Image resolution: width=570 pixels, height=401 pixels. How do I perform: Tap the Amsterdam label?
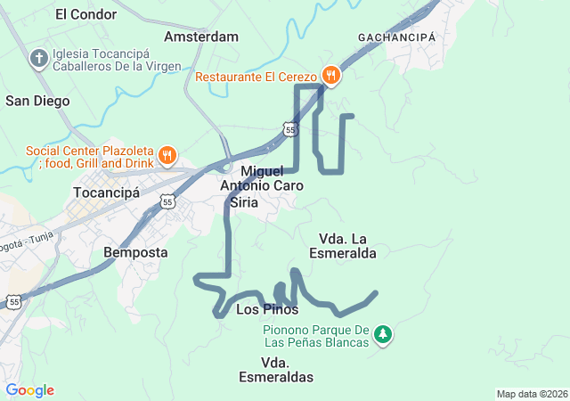pyautogui.click(x=201, y=37)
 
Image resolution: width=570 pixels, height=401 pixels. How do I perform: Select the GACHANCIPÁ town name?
pyautogui.click(x=396, y=37)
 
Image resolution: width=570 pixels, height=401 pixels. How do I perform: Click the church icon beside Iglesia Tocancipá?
pyautogui.click(x=38, y=60)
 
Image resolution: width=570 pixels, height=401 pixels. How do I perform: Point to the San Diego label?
pyautogui.click(x=37, y=101)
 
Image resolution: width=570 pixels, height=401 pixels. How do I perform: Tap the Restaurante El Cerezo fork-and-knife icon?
pyautogui.click(x=330, y=75)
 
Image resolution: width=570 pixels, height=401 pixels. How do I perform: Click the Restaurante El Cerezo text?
pyautogui.click(x=257, y=76)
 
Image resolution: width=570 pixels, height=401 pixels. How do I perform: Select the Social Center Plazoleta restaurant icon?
pyautogui.click(x=166, y=157)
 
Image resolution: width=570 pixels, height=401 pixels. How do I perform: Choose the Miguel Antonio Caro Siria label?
pyautogui.click(x=262, y=186)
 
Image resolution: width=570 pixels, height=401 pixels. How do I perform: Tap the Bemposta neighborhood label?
pyautogui.click(x=135, y=252)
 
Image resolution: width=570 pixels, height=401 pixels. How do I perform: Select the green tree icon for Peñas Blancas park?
pyautogui.click(x=383, y=335)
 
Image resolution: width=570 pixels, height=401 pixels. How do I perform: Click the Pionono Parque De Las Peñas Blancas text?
pyautogui.click(x=315, y=336)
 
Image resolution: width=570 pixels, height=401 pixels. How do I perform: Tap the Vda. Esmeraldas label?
pyautogui.click(x=276, y=370)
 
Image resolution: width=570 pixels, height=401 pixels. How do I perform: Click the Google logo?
pyautogui.click(x=29, y=390)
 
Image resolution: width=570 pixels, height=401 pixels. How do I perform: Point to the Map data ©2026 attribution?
pyautogui.click(x=531, y=394)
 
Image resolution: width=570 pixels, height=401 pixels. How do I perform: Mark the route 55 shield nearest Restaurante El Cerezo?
pyautogui.click(x=291, y=130)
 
